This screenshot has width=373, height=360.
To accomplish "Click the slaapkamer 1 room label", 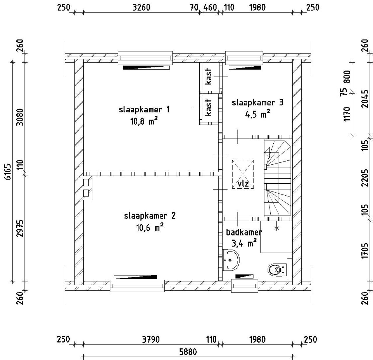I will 144,110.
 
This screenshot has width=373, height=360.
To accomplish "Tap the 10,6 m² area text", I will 150,227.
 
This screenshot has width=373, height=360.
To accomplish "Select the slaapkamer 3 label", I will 257,103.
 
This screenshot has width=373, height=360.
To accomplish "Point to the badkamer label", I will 244,232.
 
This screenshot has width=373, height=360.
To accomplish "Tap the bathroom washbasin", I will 231,260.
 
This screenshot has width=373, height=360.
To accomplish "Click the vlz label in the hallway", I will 243,184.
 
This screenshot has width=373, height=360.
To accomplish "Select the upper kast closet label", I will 208,76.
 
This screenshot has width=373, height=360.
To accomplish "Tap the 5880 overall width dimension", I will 188,352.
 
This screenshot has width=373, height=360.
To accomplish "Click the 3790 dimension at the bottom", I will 151,339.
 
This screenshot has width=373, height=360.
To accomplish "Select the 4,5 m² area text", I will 257,114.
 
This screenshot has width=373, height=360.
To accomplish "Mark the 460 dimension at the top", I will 210,7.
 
